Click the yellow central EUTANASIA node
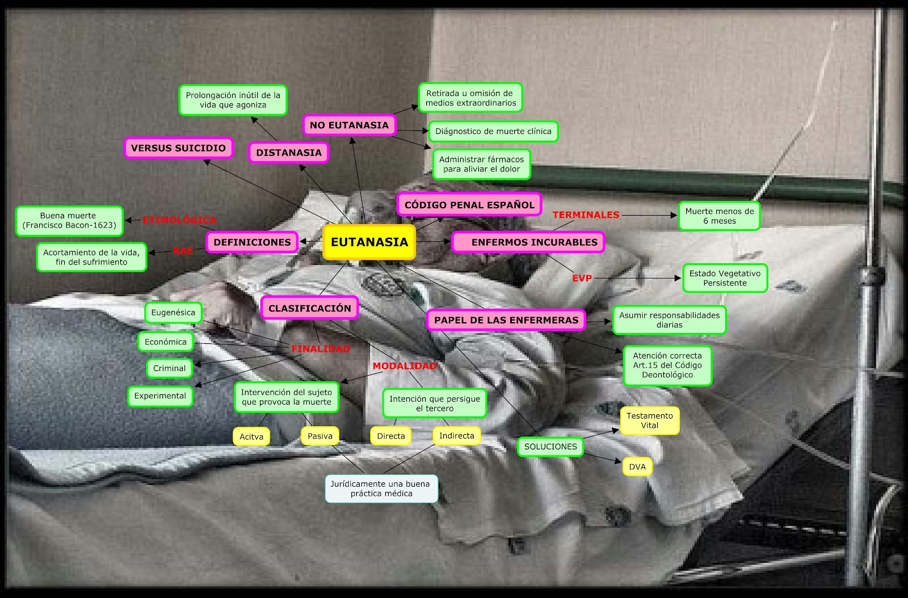click(369, 242)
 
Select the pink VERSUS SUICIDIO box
click(178, 148)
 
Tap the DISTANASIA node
click(289, 153)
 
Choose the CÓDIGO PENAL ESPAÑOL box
click(469, 205)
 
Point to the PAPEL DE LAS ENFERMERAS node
click(506, 320)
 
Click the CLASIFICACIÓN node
click(310, 308)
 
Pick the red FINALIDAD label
click(320, 349)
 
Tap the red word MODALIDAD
click(405, 366)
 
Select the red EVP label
click(582, 279)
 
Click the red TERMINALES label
click(586, 214)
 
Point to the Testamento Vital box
click(650, 420)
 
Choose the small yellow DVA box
click(637, 467)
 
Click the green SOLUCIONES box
click(550, 447)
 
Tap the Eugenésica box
click(173, 313)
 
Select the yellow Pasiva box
click(320, 436)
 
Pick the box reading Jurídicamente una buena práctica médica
click(381, 488)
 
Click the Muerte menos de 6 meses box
click(720, 216)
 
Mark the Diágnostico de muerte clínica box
click(493, 131)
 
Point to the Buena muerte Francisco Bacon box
click(69, 221)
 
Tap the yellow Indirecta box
click(456, 436)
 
